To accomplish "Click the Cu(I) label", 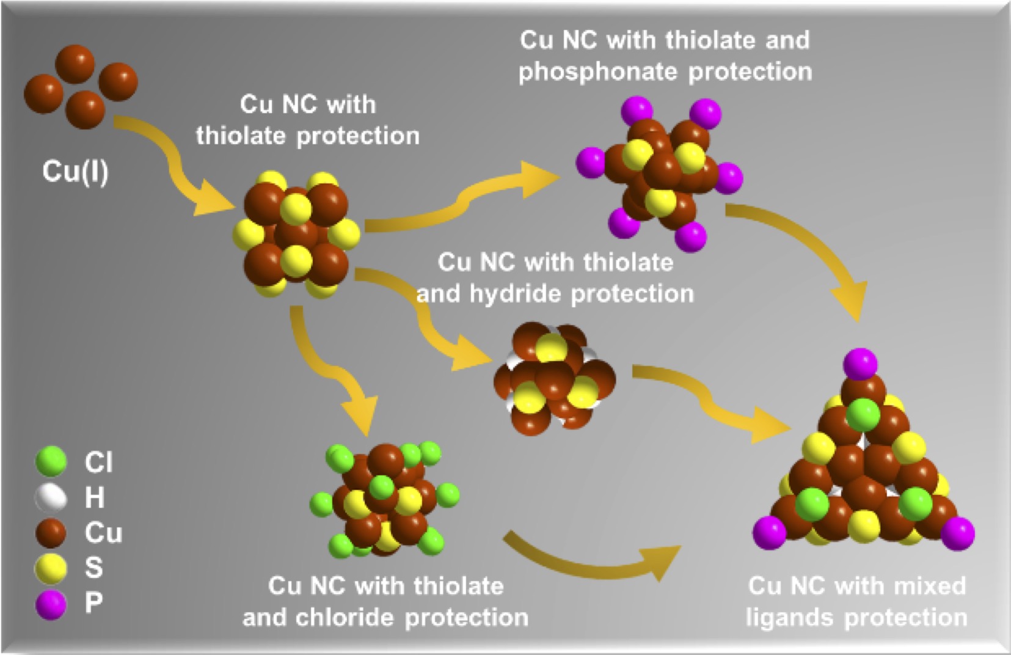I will (x=75, y=171).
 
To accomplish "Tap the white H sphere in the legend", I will (x=51, y=497).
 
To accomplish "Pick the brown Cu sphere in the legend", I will (x=51, y=532).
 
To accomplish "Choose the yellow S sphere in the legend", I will (x=51, y=568).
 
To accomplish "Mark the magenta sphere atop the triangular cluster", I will (x=860, y=364).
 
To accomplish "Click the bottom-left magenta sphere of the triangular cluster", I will (x=769, y=532).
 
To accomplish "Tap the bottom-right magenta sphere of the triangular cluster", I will (x=957, y=533).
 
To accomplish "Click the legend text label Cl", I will (x=98, y=463).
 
